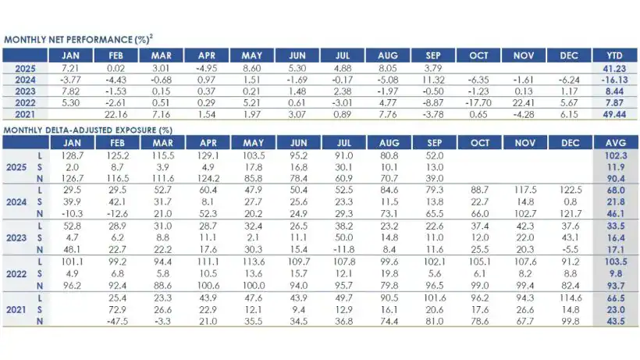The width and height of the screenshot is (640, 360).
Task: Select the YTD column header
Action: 613,55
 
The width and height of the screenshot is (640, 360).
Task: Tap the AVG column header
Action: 613,143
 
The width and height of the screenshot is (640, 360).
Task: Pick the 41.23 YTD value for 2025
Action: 613,69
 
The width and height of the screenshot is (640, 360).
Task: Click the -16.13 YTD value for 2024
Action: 613,80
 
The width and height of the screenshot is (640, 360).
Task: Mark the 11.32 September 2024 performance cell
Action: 437,80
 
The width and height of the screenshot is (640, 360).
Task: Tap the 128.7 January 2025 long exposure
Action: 72,157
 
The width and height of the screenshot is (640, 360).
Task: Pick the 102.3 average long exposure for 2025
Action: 613,157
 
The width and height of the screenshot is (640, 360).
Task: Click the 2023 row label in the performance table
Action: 25,91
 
